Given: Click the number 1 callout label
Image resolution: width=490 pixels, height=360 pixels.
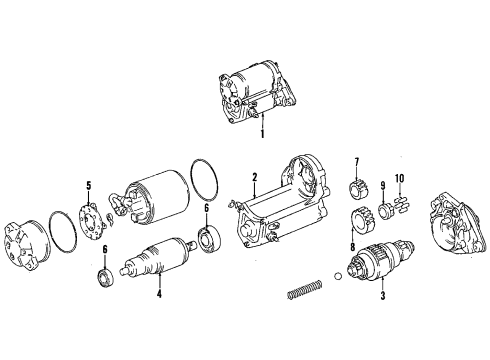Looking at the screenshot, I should point(263,132).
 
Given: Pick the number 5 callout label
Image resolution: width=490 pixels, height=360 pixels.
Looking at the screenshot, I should point(88,184).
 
